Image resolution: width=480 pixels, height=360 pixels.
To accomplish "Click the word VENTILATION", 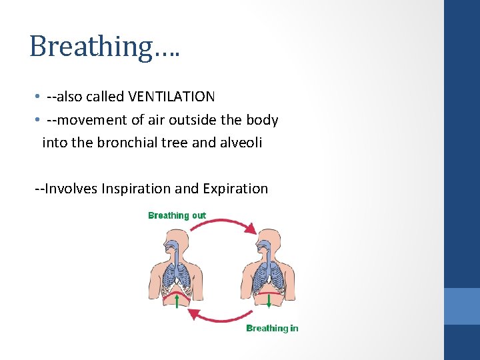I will point(171,97).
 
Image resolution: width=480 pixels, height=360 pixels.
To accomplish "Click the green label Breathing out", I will point(177,215).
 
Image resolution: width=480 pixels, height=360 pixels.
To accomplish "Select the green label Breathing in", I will point(272,328).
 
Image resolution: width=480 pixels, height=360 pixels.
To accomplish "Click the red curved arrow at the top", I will point(223,223).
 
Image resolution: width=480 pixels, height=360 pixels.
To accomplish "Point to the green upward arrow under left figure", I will point(176,302).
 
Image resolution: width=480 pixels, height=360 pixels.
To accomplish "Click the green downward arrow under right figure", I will point(269,301).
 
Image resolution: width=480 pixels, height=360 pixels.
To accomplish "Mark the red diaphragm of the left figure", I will point(175,292).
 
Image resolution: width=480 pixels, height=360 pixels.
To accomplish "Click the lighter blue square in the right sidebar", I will point(462,306).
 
